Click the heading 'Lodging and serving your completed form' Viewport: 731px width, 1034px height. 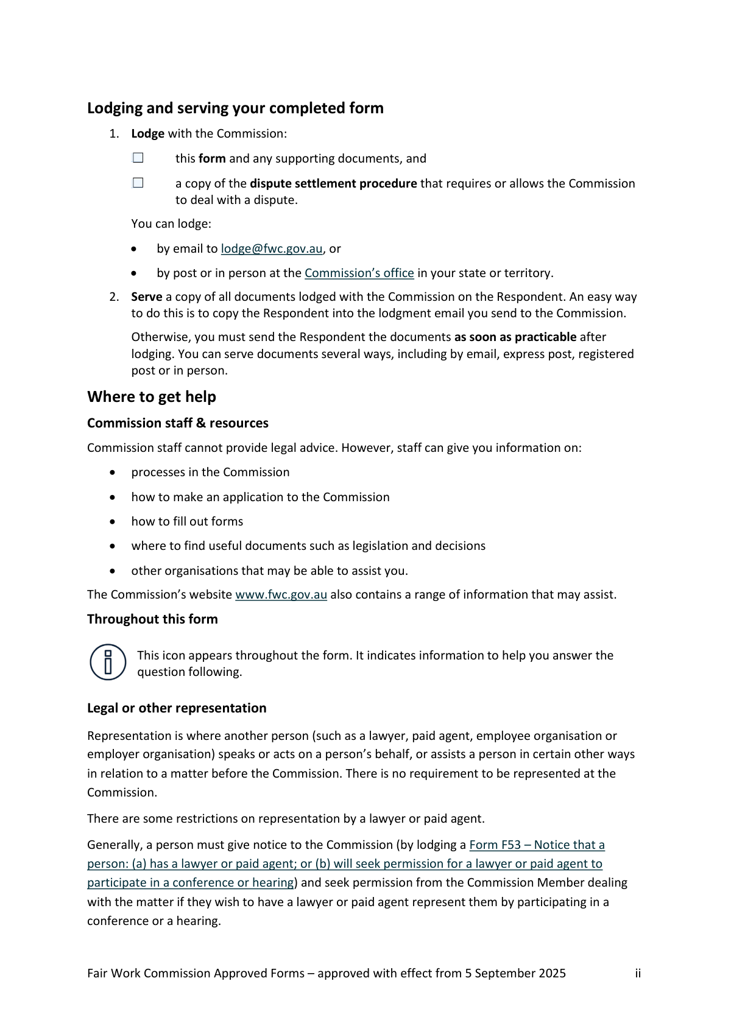(235, 108)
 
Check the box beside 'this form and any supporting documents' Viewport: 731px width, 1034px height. (138, 158)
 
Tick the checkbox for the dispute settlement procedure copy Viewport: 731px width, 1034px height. (138, 183)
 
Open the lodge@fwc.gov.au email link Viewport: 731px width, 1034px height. (271, 248)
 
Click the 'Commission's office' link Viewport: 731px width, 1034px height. (359, 273)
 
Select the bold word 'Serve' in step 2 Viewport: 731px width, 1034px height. (147, 297)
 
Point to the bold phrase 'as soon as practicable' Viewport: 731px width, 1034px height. (515, 337)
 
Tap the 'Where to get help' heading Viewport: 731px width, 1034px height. (152, 397)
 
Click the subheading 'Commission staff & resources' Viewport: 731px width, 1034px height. (177, 423)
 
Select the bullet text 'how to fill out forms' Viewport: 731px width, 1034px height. (187, 521)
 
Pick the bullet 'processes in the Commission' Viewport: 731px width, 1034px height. (210, 472)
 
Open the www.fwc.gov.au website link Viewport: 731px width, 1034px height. (281, 594)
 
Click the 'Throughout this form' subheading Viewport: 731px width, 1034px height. (152, 619)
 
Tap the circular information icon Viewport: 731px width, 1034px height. (108, 662)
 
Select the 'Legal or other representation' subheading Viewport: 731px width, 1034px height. (177, 708)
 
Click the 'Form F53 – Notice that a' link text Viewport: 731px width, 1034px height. (537, 845)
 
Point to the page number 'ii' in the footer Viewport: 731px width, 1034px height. (638, 973)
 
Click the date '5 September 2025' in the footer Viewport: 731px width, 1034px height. (515, 973)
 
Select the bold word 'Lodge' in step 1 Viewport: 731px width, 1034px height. (147, 133)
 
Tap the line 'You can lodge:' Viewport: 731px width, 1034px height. (171, 223)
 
